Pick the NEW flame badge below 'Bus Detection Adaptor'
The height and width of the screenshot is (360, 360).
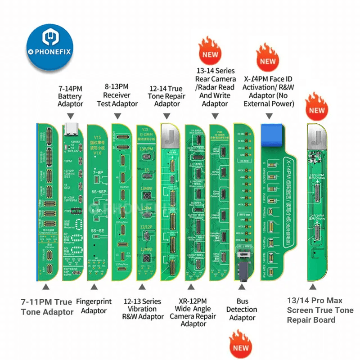click(241, 344)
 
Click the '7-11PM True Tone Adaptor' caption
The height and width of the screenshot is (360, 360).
click(46, 306)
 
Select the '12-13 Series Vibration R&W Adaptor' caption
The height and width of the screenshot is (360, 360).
click(142, 309)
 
